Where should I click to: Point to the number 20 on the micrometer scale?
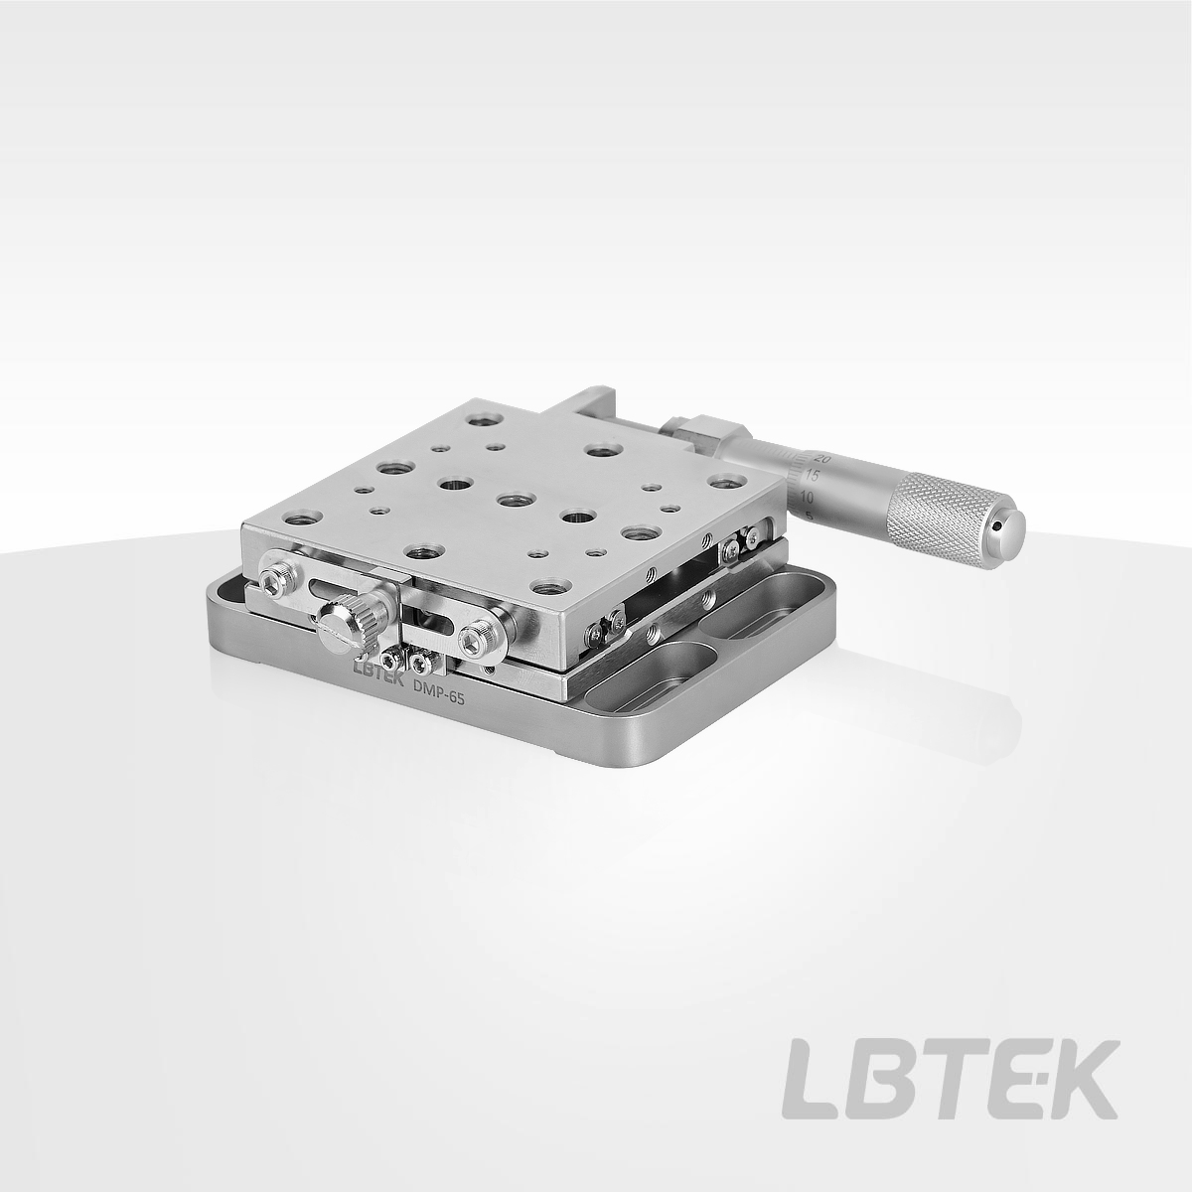pos(822,458)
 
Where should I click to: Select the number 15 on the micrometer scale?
pos(813,476)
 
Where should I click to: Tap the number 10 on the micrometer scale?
pos(806,496)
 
